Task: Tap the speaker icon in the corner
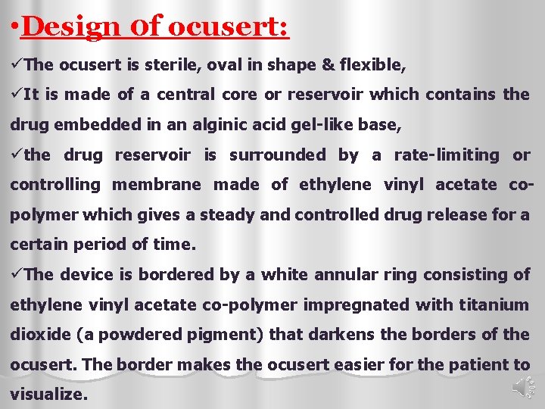(522, 387)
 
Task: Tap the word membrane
(157, 185)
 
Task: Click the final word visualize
(48, 395)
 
